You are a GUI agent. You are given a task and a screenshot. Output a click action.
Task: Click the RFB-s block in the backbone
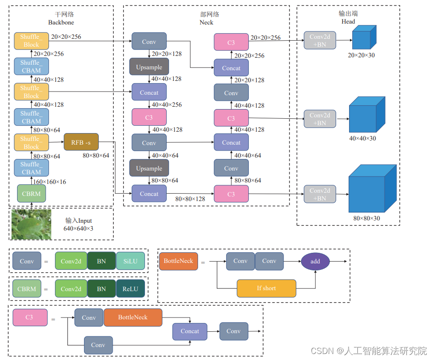(x=81, y=142)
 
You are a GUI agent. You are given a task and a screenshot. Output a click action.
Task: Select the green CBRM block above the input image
(x=31, y=194)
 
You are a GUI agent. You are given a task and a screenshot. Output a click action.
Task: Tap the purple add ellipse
(x=315, y=261)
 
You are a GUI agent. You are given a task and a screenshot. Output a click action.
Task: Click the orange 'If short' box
(x=266, y=288)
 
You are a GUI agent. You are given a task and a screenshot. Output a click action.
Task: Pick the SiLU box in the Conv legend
(x=130, y=261)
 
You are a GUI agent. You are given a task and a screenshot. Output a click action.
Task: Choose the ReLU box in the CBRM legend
(x=130, y=289)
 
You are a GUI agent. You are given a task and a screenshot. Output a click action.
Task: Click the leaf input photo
(x=31, y=225)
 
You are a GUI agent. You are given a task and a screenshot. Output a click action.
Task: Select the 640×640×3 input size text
(x=78, y=228)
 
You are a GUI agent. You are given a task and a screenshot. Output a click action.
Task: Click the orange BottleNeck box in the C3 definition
(x=133, y=317)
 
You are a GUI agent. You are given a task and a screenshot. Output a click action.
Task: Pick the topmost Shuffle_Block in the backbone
(x=31, y=41)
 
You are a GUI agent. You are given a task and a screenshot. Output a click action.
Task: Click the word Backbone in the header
(x=61, y=22)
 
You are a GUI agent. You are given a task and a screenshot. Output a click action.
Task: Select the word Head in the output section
(x=348, y=21)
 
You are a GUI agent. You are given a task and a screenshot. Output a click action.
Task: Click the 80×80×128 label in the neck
(x=190, y=199)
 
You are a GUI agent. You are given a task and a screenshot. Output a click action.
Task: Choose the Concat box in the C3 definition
(x=190, y=331)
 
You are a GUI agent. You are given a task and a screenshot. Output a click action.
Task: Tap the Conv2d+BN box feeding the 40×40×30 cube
(x=320, y=119)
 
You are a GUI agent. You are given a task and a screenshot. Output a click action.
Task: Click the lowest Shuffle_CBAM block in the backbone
(x=31, y=168)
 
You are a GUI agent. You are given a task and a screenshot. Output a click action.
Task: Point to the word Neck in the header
(x=206, y=22)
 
